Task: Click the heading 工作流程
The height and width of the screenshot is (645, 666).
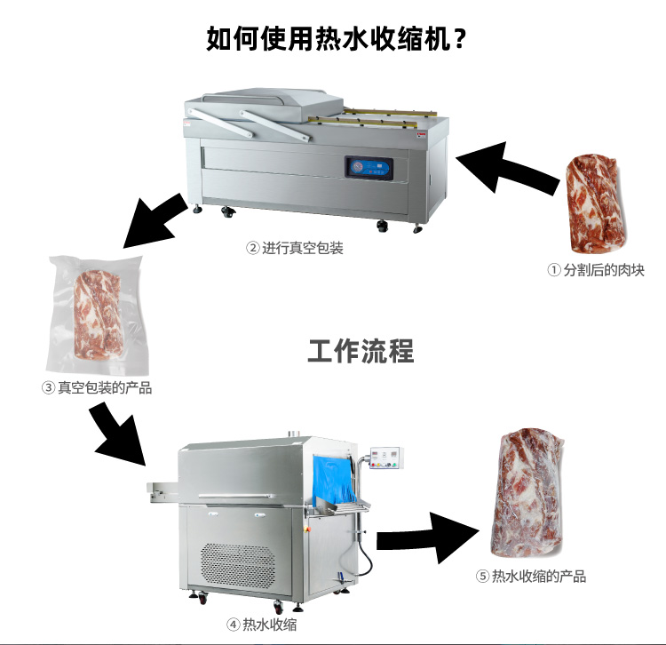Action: (361, 351)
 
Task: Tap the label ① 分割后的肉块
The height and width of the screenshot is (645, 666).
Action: (596, 270)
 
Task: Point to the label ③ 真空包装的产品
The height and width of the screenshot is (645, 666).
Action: (97, 388)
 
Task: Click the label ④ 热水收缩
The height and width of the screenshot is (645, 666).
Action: (261, 625)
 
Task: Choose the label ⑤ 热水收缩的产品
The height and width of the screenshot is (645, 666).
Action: (531, 576)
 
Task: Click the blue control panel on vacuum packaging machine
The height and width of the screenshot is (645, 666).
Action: (369, 166)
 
